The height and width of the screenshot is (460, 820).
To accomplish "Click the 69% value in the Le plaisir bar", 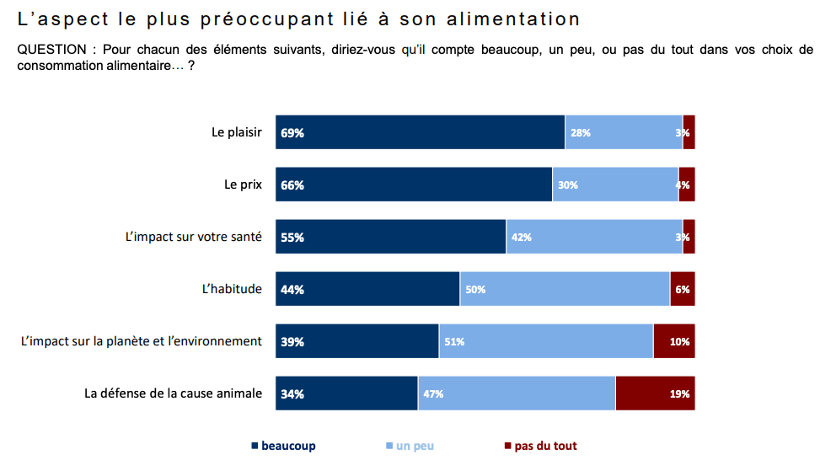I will [x=292, y=133].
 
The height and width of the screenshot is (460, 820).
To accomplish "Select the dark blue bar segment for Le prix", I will [x=413, y=185].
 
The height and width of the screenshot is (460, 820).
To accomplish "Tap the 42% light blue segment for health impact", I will [x=594, y=237].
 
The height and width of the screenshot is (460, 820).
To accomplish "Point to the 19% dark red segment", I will [x=655, y=393].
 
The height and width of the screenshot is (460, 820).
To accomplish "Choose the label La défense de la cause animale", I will [x=173, y=393].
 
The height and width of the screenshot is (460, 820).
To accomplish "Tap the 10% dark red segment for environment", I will [x=673, y=341].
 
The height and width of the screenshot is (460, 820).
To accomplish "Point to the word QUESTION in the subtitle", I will [x=51, y=50].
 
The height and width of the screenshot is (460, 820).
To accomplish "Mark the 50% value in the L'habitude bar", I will [x=475, y=290].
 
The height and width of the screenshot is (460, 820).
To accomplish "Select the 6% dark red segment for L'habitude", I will [x=682, y=289].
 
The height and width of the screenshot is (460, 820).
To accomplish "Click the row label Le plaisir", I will [x=237, y=132].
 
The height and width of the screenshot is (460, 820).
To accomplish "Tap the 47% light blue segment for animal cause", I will [x=517, y=393].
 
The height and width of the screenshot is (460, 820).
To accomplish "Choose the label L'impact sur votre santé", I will [x=193, y=237].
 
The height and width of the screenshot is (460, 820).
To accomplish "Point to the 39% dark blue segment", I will [x=356, y=341].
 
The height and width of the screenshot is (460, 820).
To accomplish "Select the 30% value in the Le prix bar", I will [x=567, y=185].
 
